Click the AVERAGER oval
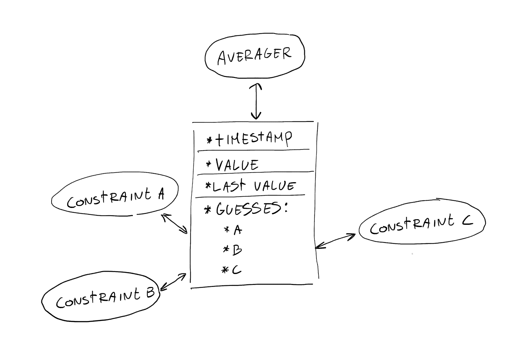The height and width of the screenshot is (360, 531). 255,56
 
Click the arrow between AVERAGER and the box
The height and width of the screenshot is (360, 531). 256,101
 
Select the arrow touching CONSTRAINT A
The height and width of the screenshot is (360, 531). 175,223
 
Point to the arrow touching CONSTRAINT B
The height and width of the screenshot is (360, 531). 173,282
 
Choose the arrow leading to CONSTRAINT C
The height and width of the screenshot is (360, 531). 335,241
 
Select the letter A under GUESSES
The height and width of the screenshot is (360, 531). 237,230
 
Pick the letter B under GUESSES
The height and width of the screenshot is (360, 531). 237,250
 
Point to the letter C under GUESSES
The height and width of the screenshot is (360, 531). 236,270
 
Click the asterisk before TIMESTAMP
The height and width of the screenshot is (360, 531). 209,141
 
